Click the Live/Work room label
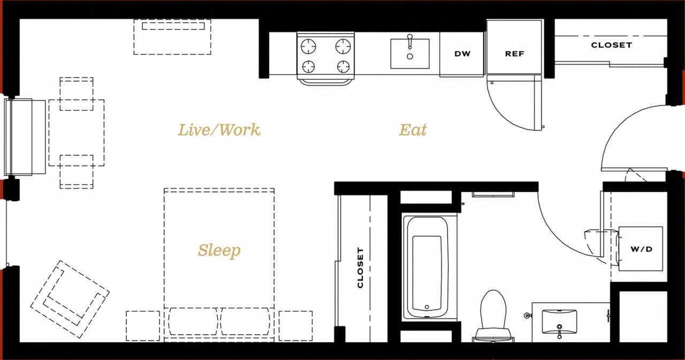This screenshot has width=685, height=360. coord(219,130)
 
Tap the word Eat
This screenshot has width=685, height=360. coord(413,130)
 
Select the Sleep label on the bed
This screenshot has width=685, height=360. coord(219,250)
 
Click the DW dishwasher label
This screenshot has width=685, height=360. coord(462,54)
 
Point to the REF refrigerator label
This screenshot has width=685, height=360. coord(514,54)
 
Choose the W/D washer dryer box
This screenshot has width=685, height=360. coord(641,249)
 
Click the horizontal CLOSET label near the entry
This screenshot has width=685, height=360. coord(611,45)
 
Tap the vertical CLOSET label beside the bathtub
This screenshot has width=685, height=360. coord(360,267)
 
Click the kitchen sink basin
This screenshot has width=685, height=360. coord(410,54)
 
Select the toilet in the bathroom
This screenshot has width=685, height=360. coord(493,316)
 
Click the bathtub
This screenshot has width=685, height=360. coord(427,267)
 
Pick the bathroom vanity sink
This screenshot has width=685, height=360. coord(559,321)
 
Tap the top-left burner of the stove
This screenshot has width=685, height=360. coord(308,47)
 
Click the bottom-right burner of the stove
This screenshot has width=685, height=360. coord(343,67)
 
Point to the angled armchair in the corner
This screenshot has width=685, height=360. coord(70,300)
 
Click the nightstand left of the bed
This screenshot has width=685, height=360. coord(143,326)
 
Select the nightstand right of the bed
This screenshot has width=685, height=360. coord(295,326)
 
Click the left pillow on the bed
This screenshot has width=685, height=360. coord(193,321)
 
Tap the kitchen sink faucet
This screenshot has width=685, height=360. coord(410,41)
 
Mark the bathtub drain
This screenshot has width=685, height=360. coord(427,308)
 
